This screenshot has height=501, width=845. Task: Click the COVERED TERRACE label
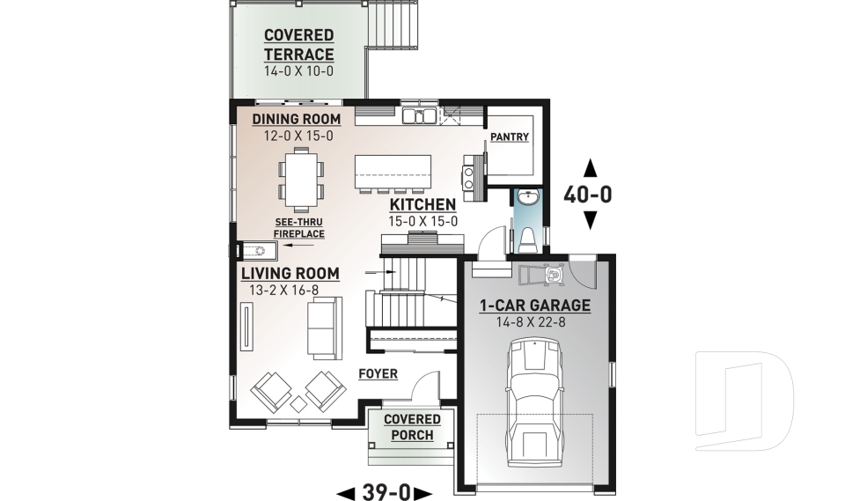[298, 45]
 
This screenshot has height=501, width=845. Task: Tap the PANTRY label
[510, 136]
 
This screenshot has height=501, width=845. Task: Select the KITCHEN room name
[423, 205]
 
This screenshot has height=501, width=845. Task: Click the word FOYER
[378, 374]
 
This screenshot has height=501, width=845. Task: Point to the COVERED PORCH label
[409, 427]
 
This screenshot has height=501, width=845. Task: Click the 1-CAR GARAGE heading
[534, 306]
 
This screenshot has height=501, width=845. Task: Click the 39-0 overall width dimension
[385, 491]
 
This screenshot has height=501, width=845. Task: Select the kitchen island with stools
[393, 173]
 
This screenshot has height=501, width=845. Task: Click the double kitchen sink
[420, 115]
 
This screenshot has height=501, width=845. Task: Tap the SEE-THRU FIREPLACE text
[299, 228]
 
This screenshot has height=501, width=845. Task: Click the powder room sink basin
[527, 198]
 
